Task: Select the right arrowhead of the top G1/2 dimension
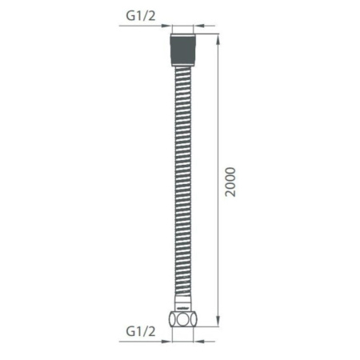198,26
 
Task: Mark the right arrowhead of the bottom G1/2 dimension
198,340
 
